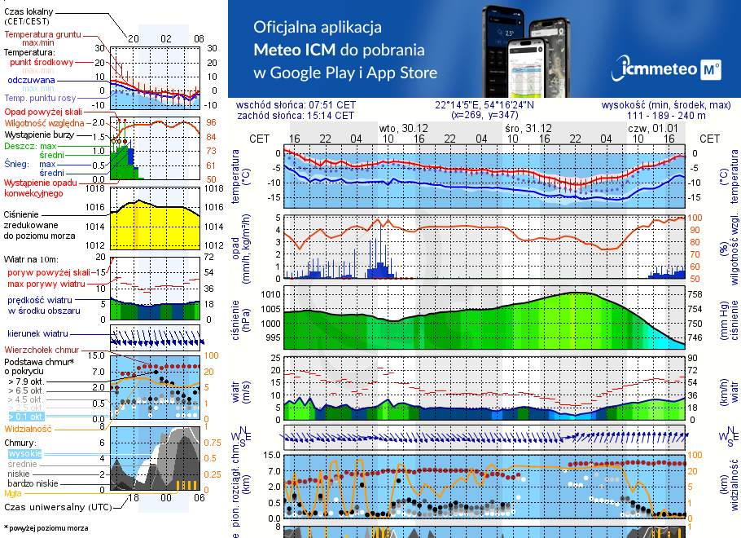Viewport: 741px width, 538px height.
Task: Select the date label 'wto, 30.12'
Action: tap(404, 129)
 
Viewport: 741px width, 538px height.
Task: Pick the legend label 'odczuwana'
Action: tap(31, 81)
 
